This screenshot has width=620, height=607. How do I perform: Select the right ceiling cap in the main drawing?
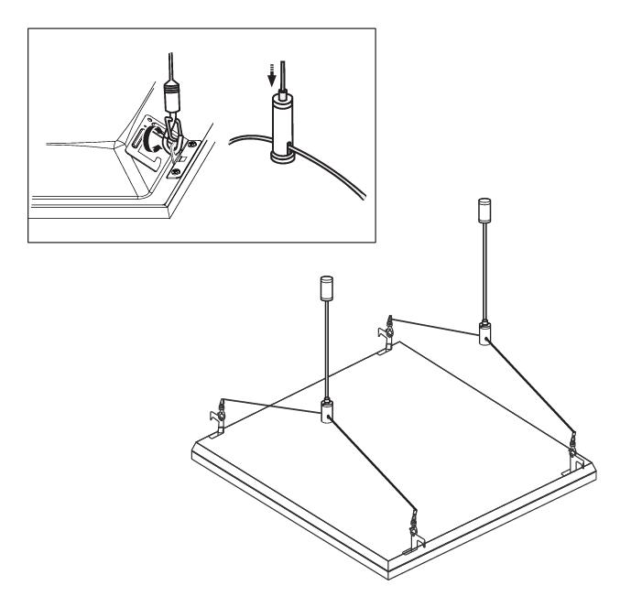click(x=484, y=211)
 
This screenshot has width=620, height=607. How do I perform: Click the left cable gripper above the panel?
click(x=326, y=413)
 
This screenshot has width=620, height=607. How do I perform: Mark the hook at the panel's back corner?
click(x=388, y=329)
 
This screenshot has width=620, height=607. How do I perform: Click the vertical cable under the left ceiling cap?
click(x=325, y=352)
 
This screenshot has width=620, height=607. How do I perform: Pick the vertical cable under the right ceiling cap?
click(x=484, y=275)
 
